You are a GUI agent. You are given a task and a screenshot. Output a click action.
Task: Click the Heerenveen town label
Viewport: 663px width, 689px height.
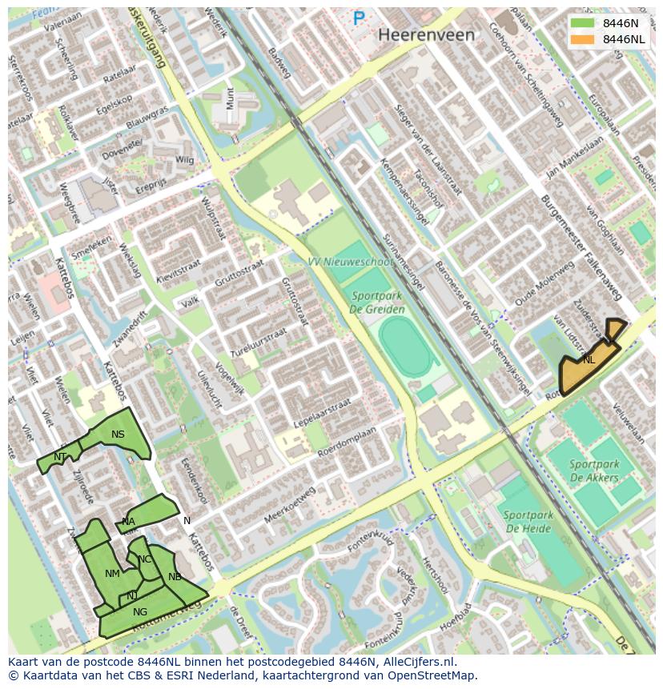click(426, 35)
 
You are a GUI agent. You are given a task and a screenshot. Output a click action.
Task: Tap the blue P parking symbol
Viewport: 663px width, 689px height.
click(359, 18)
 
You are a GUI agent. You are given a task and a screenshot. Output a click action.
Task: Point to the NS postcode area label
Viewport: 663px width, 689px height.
click(118, 435)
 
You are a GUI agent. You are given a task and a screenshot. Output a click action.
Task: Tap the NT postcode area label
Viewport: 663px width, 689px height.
click(60, 457)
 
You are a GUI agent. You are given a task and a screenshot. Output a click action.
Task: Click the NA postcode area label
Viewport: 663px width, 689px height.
click(128, 522)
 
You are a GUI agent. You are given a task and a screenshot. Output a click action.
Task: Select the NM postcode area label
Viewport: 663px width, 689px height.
click(112, 573)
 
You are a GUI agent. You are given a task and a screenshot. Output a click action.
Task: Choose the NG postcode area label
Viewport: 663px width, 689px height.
click(140, 612)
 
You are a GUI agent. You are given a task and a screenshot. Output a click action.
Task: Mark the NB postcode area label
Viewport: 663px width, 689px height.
click(175, 576)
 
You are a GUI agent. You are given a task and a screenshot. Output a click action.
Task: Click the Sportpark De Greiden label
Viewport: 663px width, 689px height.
click(377, 302)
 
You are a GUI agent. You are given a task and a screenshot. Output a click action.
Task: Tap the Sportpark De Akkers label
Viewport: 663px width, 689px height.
click(594, 471)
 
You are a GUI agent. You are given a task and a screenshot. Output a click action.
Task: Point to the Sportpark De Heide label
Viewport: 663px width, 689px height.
click(528, 522)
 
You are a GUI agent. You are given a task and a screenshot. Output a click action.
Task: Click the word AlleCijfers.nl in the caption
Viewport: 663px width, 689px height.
click(417, 662)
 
